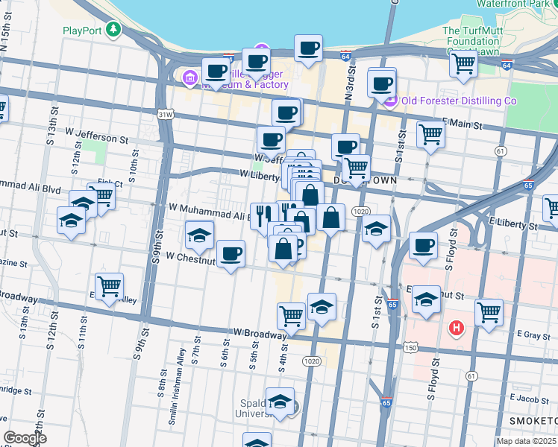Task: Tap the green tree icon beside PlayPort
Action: pos(113,30)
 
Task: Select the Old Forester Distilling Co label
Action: pos(458,101)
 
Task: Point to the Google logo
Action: pos(25,438)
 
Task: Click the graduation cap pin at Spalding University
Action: pos(280,401)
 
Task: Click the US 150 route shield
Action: pos(410,347)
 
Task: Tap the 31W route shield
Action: pos(165,114)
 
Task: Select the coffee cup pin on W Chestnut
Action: pos(231,253)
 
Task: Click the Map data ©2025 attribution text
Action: pos(527,441)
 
